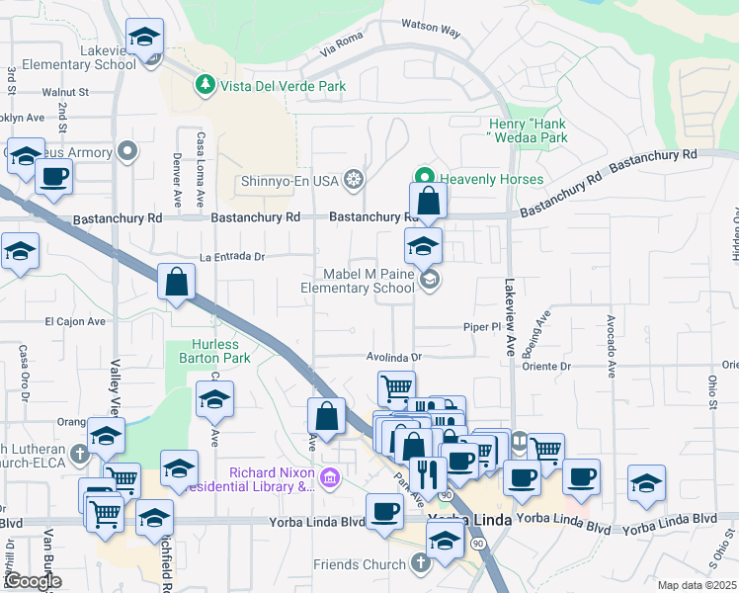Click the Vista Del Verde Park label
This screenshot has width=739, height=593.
click(283, 86)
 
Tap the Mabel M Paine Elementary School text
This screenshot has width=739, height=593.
click(358, 281)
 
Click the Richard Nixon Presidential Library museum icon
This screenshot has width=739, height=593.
click(330, 478)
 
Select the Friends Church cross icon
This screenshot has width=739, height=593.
click(421, 564)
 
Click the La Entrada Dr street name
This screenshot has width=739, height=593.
click(232, 257)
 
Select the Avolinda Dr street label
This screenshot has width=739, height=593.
click(395, 358)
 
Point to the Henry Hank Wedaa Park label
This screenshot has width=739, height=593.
click(529, 130)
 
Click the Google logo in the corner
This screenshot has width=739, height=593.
click(33, 581)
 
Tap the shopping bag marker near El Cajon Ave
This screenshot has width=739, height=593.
click(175, 283)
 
